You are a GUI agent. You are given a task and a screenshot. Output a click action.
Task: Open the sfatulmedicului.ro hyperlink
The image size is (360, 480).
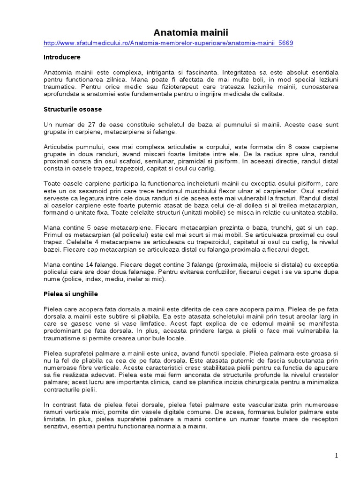pos(168,43)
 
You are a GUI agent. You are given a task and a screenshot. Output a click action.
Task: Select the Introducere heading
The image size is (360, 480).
pos(62,57)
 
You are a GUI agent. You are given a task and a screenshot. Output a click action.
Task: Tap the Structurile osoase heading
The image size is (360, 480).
pos(73,109)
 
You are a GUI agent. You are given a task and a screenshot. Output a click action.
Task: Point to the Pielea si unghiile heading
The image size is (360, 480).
pos(70,294)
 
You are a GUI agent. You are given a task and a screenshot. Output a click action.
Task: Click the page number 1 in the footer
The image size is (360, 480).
pos(337,456)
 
